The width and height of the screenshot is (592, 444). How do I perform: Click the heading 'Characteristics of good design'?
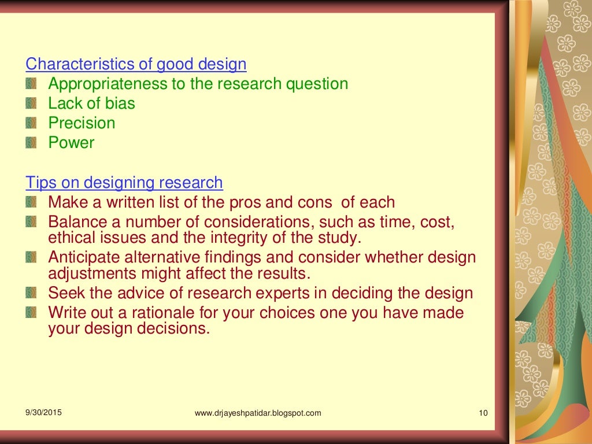136,64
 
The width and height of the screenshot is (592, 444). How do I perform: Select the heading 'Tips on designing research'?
124,183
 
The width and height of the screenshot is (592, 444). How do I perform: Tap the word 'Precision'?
82,123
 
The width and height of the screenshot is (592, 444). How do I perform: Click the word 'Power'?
71,143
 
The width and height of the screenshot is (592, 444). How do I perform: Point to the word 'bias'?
120,103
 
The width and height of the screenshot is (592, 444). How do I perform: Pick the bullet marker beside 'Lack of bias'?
31,104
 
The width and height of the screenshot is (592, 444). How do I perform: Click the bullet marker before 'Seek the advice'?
31,294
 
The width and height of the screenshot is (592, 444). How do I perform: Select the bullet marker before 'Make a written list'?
31,203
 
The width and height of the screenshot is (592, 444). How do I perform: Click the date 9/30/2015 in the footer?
43,413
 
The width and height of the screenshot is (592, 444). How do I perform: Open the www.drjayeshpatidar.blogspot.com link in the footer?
258,413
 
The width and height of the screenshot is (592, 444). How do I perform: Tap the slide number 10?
484,413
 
